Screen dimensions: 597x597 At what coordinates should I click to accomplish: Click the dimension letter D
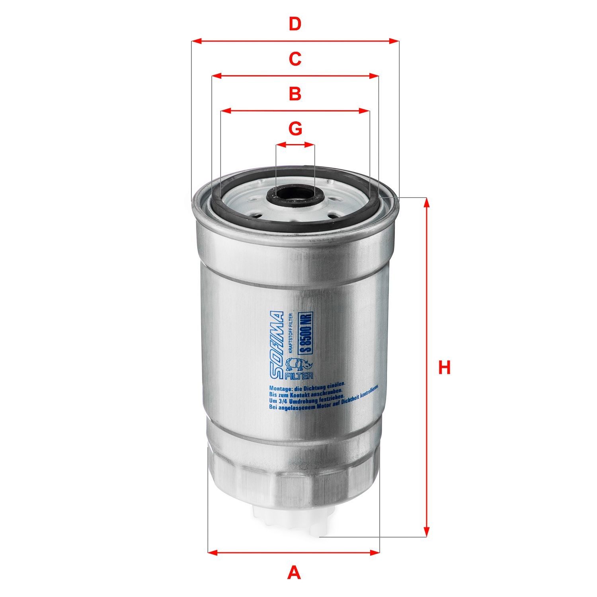pos(295,25)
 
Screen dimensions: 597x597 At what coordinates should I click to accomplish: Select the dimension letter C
pos(295,59)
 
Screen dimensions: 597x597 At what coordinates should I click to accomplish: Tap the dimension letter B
pos(295,94)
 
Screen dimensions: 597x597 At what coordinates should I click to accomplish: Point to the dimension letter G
pos(295,129)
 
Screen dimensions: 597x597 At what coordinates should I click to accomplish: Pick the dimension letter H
pos(444,367)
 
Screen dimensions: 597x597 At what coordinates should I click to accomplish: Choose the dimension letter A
pos(294,573)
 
